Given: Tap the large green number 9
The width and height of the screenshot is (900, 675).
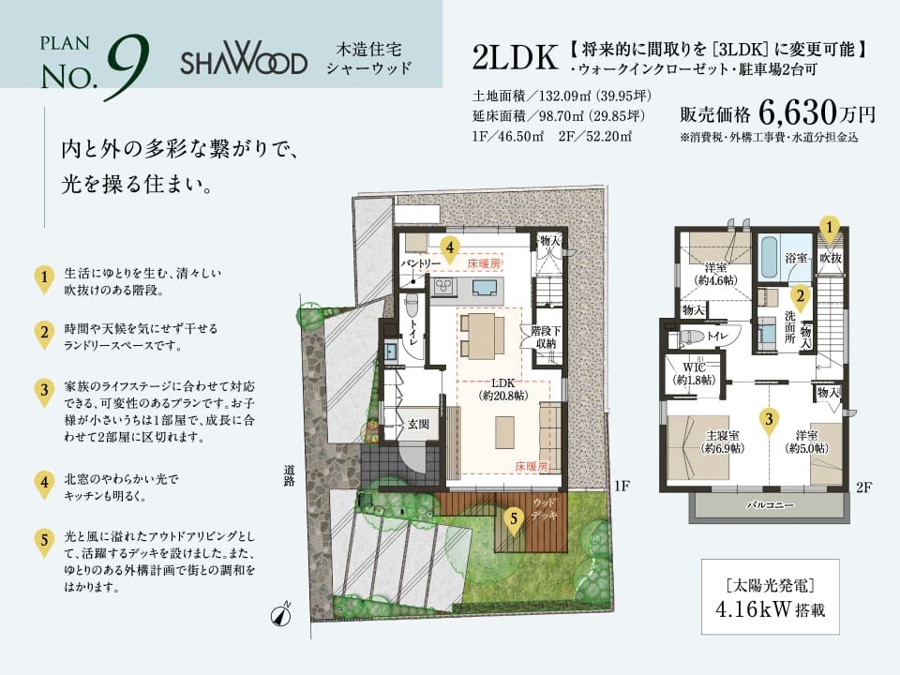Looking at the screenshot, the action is (x=127, y=67).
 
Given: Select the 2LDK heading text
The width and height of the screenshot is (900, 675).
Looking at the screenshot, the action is (x=515, y=57).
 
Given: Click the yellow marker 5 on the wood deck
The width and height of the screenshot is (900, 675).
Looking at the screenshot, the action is (x=514, y=521).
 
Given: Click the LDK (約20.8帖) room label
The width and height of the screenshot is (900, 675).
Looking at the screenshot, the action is (x=503, y=389).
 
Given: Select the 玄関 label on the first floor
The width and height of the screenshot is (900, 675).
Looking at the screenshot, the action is (x=418, y=424).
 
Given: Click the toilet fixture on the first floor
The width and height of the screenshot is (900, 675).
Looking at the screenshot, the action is (x=411, y=307).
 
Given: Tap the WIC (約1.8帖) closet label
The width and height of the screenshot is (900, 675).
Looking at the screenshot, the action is (x=694, y=374).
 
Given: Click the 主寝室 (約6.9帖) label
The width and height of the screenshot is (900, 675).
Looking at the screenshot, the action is (x=723, y=442).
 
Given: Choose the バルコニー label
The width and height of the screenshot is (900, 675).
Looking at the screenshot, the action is (x=771, y=505).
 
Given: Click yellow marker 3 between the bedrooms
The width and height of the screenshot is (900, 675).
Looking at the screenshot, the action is (x=769, y=421).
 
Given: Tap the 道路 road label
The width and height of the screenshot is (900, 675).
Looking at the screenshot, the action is (x=289, y=475).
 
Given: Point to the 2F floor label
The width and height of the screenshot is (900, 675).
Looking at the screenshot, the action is (x=863, y=487).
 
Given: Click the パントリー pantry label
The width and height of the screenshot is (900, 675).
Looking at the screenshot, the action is (x=421, y=262).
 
